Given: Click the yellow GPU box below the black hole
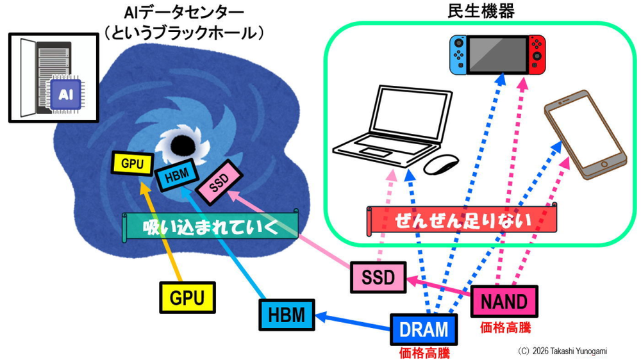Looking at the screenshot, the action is click(187, 297).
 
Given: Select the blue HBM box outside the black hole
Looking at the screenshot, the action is click(287, 315).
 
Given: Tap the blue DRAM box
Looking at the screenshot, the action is click(424, 329).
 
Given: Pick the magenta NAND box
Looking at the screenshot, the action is click(504, 302).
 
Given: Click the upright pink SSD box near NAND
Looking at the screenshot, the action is click(378, 277).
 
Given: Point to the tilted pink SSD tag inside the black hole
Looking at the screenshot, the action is click(219, 183).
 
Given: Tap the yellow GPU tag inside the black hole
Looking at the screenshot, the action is click(133, 164).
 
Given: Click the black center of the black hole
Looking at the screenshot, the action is click(181, 145).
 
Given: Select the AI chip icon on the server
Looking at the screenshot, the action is click(66, 95).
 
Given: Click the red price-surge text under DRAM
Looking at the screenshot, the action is click(424, 353).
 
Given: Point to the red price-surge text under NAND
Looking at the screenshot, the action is click(505, 327).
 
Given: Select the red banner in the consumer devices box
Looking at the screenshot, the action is click(462, 220).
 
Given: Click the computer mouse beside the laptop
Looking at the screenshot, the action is click(441, 164).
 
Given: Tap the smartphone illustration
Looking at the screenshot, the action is click(585, 135).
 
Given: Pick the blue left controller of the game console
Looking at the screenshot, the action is click(458, 54).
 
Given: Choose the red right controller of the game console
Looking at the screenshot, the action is click(537, 54).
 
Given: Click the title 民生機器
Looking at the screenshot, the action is click(481, 11).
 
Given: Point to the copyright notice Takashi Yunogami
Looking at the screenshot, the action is click(563, 351).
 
